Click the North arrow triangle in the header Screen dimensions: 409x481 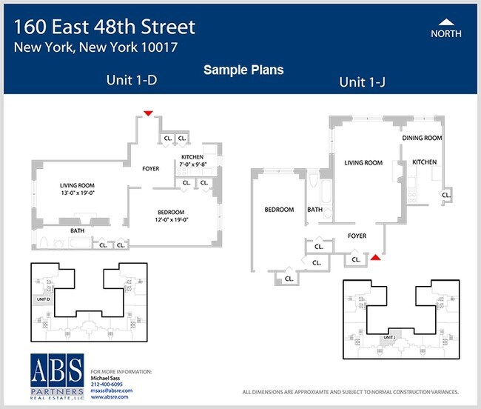point(445,21)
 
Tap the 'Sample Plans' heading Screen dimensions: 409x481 point(243,70)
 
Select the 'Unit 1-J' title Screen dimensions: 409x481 point(363,82)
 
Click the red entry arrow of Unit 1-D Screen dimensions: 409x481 point(148,113)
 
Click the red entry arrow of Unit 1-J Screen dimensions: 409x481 point(376,257)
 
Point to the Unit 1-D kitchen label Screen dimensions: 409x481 point(192,157)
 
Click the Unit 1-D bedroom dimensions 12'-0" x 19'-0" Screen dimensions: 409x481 point(172,219)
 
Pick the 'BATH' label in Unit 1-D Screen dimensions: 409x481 point(77,230)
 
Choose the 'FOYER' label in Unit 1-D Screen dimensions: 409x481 point(151,169)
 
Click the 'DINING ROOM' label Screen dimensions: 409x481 point(422,138)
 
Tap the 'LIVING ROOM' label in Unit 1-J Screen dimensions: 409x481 point(363,163)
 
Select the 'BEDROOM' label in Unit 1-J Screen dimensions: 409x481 point(279,210)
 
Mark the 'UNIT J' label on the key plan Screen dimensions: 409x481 point(391,337)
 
